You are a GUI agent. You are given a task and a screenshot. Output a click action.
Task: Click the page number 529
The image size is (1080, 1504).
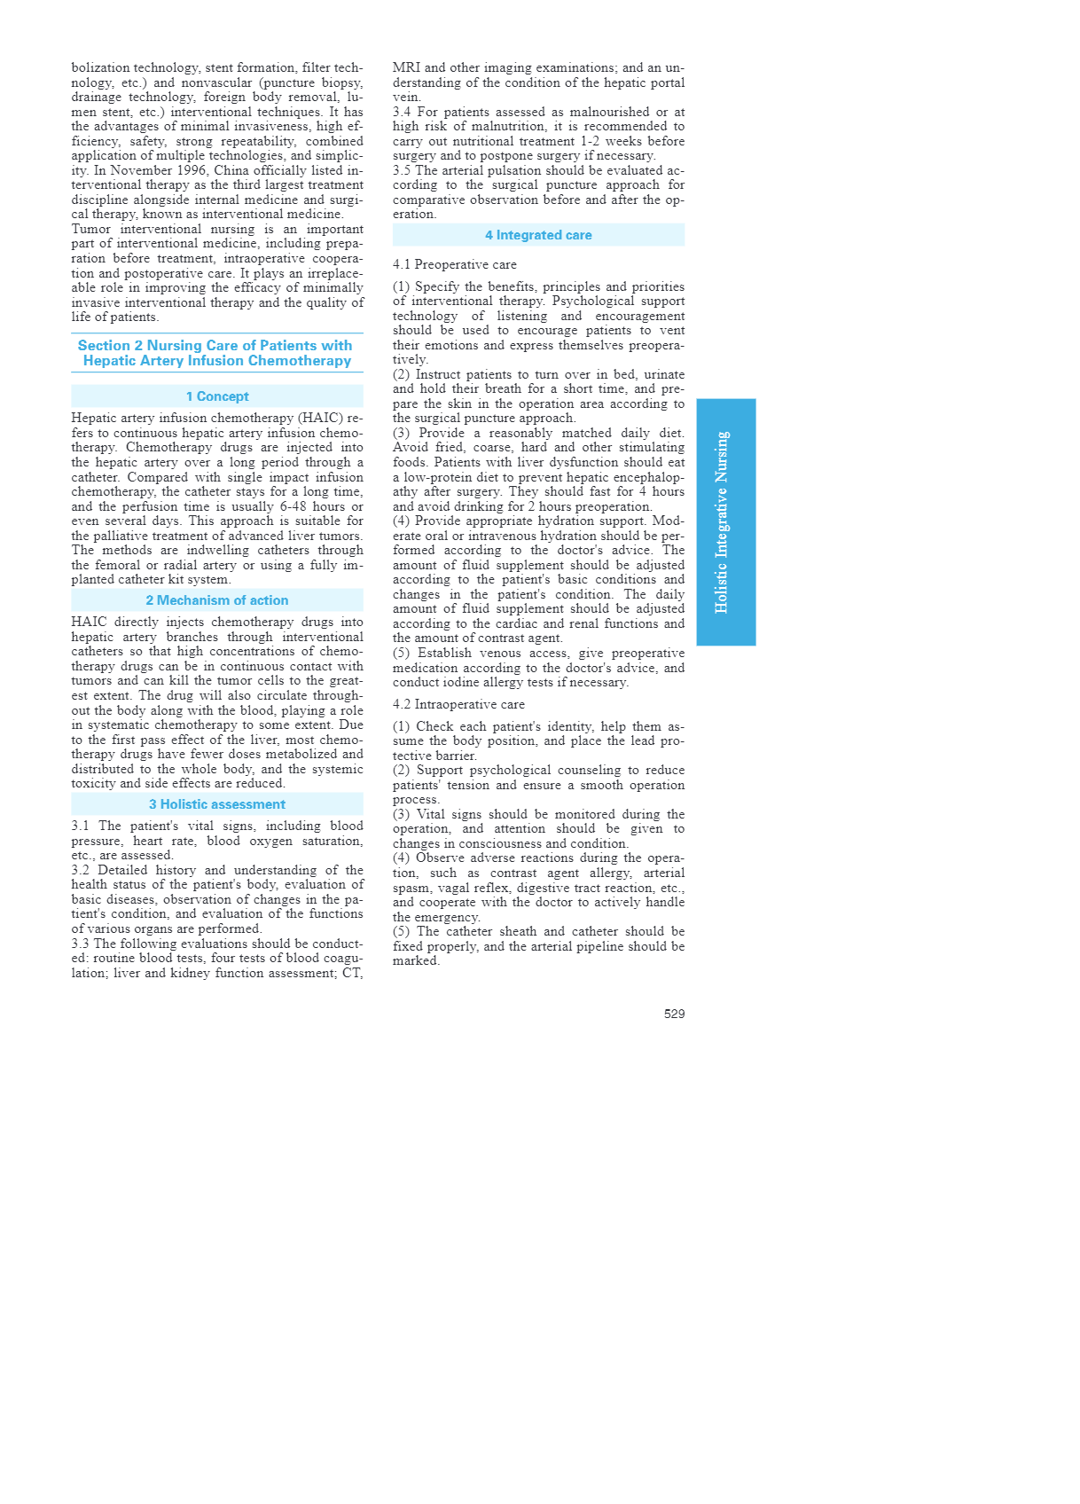(674, 1014)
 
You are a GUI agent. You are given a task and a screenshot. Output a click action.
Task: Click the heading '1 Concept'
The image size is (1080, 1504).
(217, 396)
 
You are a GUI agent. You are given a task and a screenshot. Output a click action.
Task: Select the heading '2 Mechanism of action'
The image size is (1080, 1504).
(217, 600)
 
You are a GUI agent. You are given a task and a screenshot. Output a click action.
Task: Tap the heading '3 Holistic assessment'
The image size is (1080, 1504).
(217, 804)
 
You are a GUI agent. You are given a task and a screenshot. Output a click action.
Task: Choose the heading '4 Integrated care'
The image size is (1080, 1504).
(538, 235)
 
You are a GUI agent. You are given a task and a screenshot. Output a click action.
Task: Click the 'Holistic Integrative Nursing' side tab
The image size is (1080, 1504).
(725, 521)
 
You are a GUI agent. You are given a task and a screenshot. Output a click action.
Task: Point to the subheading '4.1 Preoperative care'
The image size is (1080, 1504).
(455, 264)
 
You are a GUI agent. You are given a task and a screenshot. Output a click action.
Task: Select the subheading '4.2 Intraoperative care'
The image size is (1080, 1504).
(458, 704)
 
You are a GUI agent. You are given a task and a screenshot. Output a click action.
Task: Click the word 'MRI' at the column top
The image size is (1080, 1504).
(406, 67)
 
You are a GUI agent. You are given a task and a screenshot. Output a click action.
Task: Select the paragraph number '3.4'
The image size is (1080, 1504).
(403, 112)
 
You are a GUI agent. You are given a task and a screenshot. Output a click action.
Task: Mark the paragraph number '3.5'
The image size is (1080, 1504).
(403, 170)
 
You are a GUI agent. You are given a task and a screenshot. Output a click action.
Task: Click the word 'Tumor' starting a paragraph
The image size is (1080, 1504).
(90, 229)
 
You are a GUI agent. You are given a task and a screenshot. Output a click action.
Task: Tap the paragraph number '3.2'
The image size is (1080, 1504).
(82, 870)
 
